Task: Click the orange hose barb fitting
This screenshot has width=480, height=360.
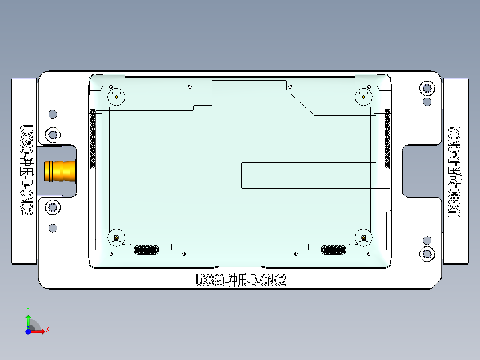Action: click(x=60, y=172)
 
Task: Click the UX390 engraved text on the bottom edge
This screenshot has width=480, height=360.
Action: click(x=241, y=281)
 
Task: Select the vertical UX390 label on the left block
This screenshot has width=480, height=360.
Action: click(x=26, y=170)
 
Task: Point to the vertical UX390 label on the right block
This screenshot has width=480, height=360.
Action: click(x=455, y=172)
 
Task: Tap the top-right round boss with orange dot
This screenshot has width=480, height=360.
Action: click(x=364, y=97)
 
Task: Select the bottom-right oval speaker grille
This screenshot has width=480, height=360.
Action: click(x=336, y=250)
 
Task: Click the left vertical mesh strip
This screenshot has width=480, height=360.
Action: click(x=93, y=139)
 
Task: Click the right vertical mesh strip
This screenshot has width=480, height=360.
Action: click(x=387, y=139)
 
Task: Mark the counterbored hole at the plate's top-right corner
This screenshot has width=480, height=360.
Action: click(x=427, y=88)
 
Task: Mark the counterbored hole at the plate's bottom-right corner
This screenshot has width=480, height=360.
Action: click(x=427, y=254)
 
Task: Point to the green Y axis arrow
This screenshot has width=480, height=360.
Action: click(x=28, y=319)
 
